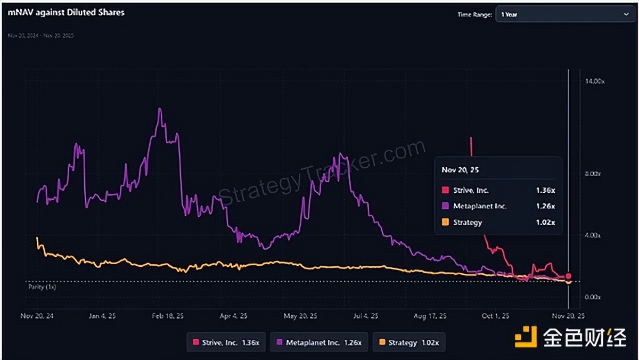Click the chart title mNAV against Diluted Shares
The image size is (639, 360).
pyautogui.click(x=67, y=12)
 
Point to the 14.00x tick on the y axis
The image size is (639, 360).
pyautogui.click(x=595, y=81)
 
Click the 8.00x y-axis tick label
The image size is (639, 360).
pyautogui.click(x=594, y=174)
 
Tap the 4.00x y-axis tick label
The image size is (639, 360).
pyautogui.click(x=594, y=235)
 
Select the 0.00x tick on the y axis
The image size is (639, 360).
pyautogui.click(x=594, y=296)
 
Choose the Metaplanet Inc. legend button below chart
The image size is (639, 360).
pyautogui.click(x=319, y=342)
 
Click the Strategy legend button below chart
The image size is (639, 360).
pyautogui.click(x=409, y=342)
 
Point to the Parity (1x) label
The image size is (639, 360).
pyautogui.click(x=42, y=287)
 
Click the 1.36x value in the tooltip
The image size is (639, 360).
pyautogui.click(x=545, y=190)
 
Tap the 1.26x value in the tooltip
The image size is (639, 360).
pyautogui.click(x=545, y=206)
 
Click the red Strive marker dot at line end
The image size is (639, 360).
pyautogui.click(x=569, y=276)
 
